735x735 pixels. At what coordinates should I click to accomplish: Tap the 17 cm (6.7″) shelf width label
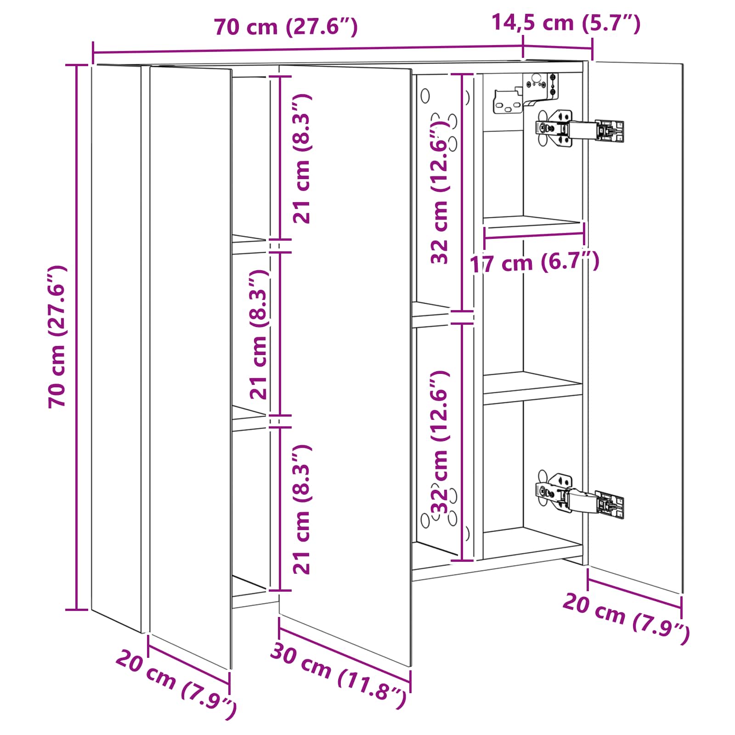[x=535, y=263]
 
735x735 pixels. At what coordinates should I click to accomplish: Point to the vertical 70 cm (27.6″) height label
[x=58, y=336]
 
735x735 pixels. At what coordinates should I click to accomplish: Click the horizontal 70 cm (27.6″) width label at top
[x=286, y=27]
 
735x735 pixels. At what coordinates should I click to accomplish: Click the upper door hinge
[x=579, y=129]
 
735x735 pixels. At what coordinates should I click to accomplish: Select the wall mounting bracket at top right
[x=526, y=93]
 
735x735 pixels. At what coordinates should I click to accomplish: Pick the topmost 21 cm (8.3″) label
[x=302, y=158]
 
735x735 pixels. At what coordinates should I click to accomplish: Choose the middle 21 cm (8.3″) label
[x=259, y=334]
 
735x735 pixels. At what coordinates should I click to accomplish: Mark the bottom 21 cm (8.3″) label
[x=302, y=509]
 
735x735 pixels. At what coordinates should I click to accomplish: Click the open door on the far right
[x=635, y=327]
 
